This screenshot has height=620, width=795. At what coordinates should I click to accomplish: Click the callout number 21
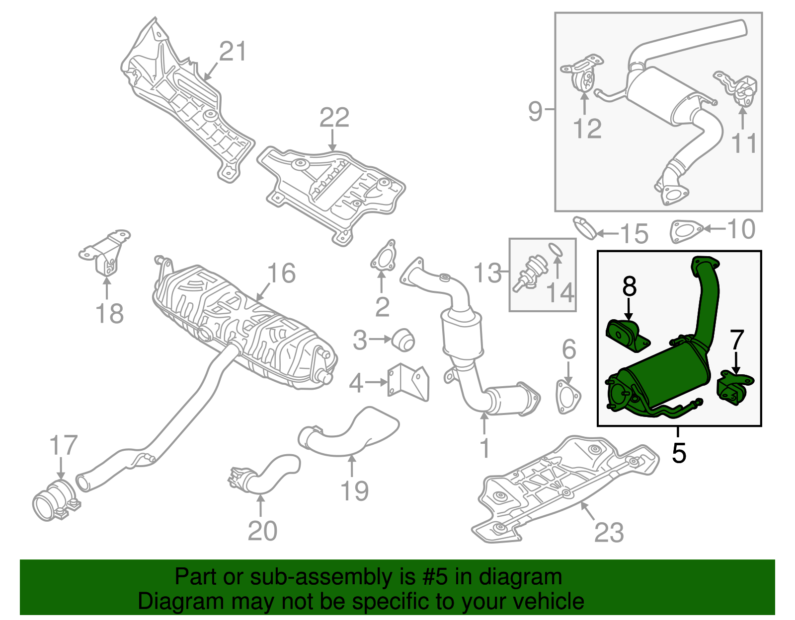233,52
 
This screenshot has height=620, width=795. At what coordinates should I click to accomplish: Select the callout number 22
334,118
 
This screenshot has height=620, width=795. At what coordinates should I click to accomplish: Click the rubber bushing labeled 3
403,339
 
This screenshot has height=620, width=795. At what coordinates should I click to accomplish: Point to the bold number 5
679,453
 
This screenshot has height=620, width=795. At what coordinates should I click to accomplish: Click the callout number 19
354,490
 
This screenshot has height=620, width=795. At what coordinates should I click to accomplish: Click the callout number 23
609,533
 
